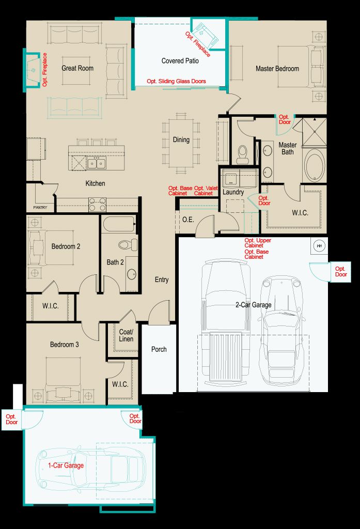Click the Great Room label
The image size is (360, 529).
[77, 68]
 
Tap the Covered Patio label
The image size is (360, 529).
[180, 61]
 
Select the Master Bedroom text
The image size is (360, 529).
[277, 69]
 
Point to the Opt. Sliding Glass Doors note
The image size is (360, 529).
[176, 81]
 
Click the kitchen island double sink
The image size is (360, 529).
[97, 164]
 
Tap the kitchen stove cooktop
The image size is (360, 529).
[97, 205]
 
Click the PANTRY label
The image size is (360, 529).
[40, 207]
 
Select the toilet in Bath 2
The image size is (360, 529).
[128, 244]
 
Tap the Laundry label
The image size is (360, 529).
[233, 192]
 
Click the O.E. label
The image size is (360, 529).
[188, 220]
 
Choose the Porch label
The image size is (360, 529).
[159, 349]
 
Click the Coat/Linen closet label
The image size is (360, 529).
[126, 335]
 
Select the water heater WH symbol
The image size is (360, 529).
[319, 245]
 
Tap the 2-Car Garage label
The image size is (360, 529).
[254, 305]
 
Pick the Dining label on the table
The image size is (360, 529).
[181, 139]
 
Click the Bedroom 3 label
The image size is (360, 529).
[65, 345]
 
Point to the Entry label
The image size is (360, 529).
[162, 279]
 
